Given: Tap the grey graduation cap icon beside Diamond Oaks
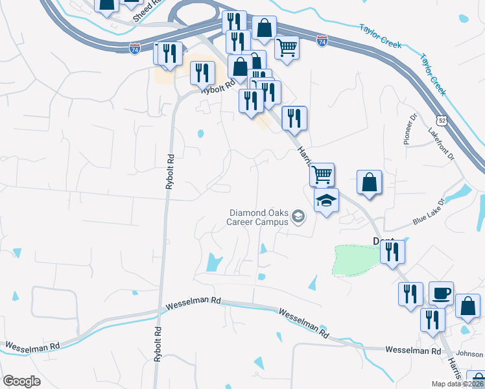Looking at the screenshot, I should pyautogui.click(x=298, y=217).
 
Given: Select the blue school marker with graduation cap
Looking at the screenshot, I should pyautogui.click(x=327, y=200).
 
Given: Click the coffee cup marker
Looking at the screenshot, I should pyautogui.click(x=441, y=293).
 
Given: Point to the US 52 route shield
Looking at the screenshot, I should pyautogui.click(x=442, y=121).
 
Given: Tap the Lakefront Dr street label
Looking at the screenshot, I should pyautogui.click(x=442, y=143).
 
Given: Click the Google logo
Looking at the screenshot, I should pyautogui.click(x=21, y=381).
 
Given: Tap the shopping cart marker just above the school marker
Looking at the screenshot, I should pyautogui.click(x=322, y=174).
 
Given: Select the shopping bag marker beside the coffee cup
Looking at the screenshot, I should pyautogui.click(x=467, y=307).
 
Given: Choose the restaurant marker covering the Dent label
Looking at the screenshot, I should pyautogui.click(x=392, y=251).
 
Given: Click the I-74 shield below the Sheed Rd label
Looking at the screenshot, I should pyautogui.click(x=134, y=49).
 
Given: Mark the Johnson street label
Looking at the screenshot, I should pyautogui.click(x=470, y=354).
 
